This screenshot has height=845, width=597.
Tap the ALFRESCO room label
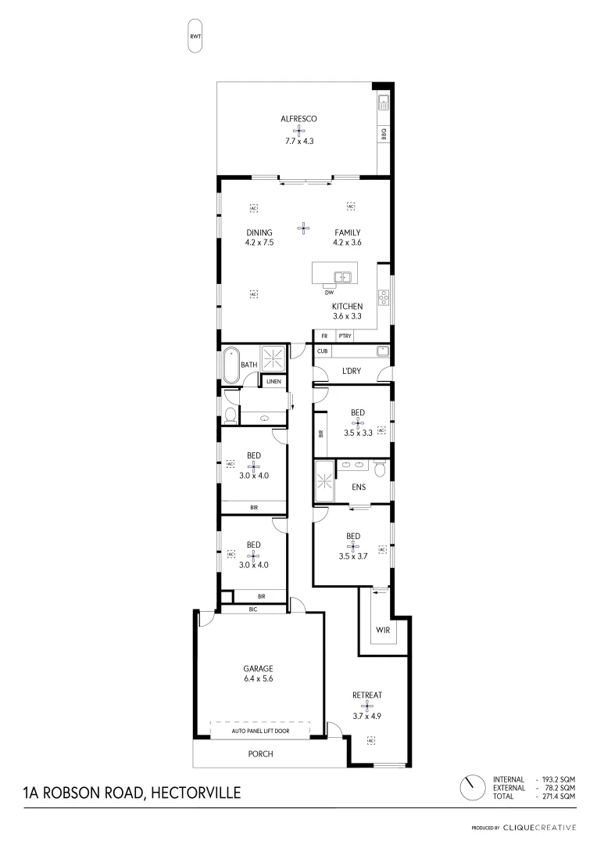pyautogui.click(x=299, y=119)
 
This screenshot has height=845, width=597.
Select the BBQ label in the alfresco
pyautogui.click(x=384, y=135)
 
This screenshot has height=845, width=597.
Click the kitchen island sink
pyautogui.click(x=342, y=276)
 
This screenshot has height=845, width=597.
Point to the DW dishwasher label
pyautogui.click(x=330, y=293)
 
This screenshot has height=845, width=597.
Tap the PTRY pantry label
pyautogui.click(x=345, y=336)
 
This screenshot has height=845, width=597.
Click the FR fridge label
pyautogui.click(x=324, y=336)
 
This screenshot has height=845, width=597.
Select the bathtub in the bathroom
pyautogui.click(x=231, y=365)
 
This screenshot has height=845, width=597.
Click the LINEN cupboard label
pyautogui.click(x=273, y=381)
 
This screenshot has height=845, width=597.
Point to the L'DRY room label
pyautogui.click(x=352, y=370)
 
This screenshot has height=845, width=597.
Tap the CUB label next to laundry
pyautogui.click(x=322, y=351)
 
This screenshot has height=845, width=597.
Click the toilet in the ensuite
pyautogui.click(x=380, y=469)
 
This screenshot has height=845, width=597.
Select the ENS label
pyautogui.click(x=359, y=487)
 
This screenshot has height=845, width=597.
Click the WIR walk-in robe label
pyautogui.click(x=382, y=630)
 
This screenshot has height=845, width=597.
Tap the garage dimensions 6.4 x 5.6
pyautogui.click(x=257, y=679)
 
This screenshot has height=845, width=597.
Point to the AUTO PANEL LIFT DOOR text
pyautogui.click(x=260, y=732)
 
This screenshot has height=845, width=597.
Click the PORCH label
pyautogui.click(x=260, y=754)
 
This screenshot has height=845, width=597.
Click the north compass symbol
pyautogui.click(x=471, y=788)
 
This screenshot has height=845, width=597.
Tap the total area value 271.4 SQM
pyautogui.click(x=558, y=796)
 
